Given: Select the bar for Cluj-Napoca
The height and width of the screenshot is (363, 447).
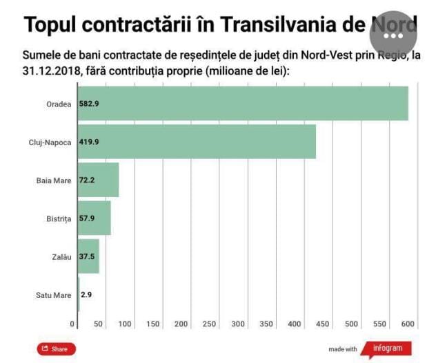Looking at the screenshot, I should click(x=197, y=142).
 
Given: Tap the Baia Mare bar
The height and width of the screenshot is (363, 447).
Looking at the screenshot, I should click(x=99, y=180).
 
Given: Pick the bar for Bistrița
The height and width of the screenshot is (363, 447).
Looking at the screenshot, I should click(x=95, y=218).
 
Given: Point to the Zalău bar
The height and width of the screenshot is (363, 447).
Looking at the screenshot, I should click(x=89, y=257).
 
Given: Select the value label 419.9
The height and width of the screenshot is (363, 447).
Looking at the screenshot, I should click(x=89, y=142).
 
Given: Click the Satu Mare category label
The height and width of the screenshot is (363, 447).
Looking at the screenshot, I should click(x=53, y=295).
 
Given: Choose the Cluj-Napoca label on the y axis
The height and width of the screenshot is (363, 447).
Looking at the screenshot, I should click(x=50, y=142).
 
